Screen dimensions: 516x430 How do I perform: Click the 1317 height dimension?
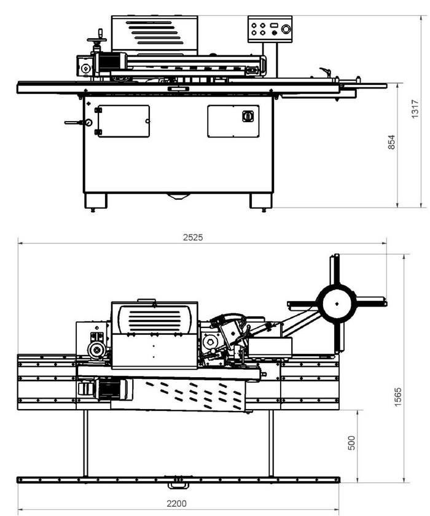pos(415,111)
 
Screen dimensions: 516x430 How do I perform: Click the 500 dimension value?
pos(352,443)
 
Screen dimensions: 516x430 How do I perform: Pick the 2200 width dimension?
pos(179,503)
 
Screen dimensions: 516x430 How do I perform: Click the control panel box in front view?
pos(270,29)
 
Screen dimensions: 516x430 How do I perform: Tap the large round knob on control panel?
pos(285,28)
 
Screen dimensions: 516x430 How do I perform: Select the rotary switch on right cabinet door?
pos(248,115)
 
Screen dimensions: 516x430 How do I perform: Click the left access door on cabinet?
pos(123,120)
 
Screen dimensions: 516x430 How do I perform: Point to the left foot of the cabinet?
pos(95,201)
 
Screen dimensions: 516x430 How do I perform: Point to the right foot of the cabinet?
pos(259,201)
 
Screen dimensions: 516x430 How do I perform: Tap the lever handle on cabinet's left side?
pos(76,123)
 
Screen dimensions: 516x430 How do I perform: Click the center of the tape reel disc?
pos(337,303)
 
